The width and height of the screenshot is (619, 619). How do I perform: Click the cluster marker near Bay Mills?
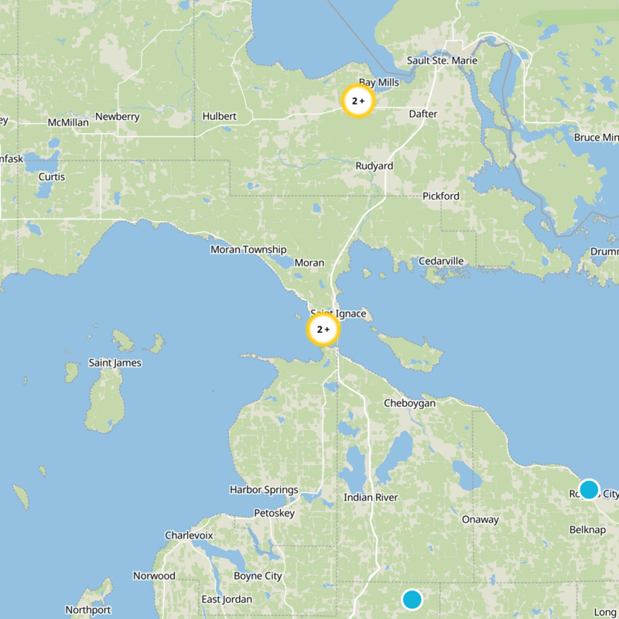pyautogui.click(x=358, y=101)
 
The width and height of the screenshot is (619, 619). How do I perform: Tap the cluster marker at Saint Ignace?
pyautogui.click(x=323, y=330)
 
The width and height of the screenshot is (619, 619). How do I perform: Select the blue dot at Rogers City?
pyautogui.click(x=589, y=489)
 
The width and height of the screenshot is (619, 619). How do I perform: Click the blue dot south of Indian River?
pyautogui.click(x=412, y=599)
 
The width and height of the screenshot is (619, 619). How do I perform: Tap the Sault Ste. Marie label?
pyautogui.click(x=442, y=61)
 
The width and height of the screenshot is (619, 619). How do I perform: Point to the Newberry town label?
pyautogui.click(x=117, y=117)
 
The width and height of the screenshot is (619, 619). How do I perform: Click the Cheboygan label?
pyautogui.click(x=409, y=403)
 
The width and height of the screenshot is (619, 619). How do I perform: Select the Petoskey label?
pyautogui.click(x=274, y=513)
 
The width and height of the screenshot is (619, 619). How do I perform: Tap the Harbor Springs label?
pyautogui.click(x=264, y=490)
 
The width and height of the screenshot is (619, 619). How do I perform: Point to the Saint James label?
pyautogui.click(x=115, y=363)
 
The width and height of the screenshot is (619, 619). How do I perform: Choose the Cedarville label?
pyautogui.click(x=441, y=261)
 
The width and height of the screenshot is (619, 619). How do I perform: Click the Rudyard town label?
pyautogui.click(x=374, y=166)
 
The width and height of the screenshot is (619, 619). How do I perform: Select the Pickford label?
pyautogui.click(x=440, y=196)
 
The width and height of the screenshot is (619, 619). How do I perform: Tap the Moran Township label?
pyautogui.click(x=248, y=250)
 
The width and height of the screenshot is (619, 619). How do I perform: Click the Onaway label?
pyautogui.click(x=480, y=519)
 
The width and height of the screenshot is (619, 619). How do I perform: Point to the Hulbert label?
pyautogui.click(x=219, y=116)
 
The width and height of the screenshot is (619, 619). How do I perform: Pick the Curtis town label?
pyautogui.click(x=52, y=176)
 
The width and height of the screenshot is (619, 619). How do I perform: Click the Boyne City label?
pyautogui.click(x=258, y=576)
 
